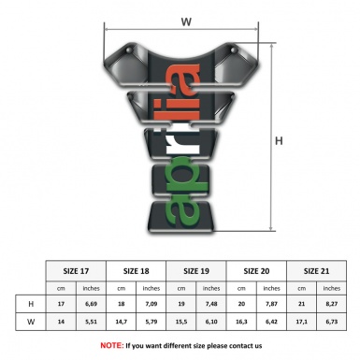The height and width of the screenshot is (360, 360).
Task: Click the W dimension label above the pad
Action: pyautogui.click(x=186, y=20)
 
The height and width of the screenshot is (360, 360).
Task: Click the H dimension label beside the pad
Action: pyautogui.click(x=280, y=141)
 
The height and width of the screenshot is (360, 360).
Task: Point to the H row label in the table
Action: pyautogui.click(x=32, y=304)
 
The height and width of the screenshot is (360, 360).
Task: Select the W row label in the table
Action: pyautogui.click(x=32, y=323)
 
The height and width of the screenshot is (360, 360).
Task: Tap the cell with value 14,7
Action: pyautogui.click(x=122, y=323)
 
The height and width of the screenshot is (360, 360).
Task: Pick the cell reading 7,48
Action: pyautogui.click(x=211, y=304)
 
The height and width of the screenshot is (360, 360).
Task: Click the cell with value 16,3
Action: pyautogui.click(x=240, y=323)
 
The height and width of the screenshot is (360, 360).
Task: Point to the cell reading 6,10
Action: pyautogui.click(x=211, y=323)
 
